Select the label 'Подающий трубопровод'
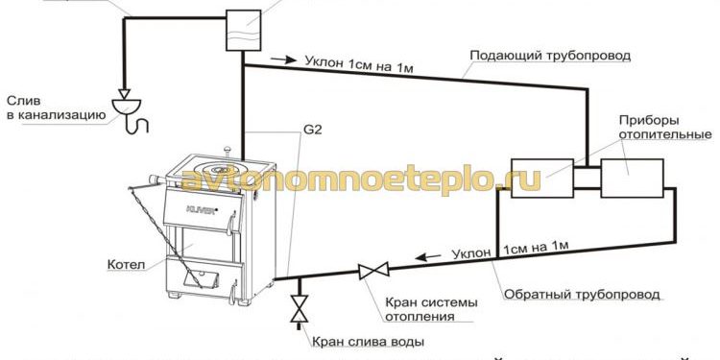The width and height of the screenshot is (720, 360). point(549,56)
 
